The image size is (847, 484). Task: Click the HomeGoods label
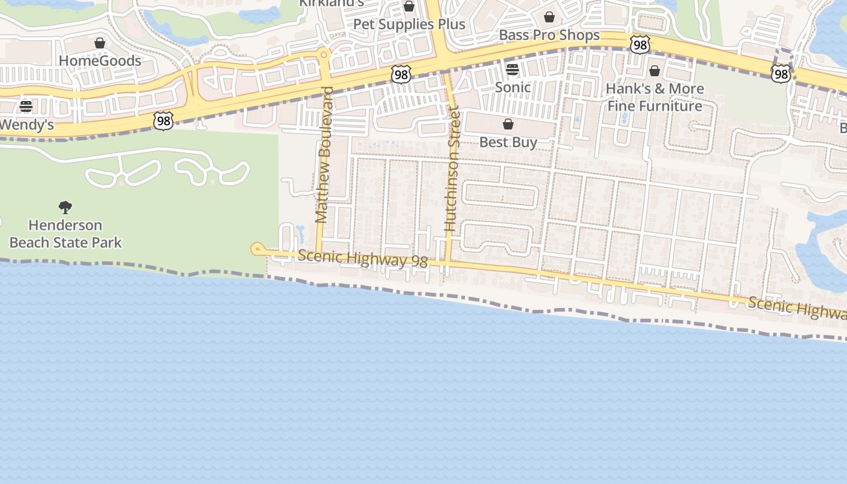(100, 60)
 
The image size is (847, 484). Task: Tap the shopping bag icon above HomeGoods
(100, 43)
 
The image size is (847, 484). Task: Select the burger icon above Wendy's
(26, 106)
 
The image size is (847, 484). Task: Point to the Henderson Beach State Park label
(65, 234)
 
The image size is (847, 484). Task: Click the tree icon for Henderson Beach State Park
(65, 208)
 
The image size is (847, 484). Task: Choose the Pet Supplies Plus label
(409, 24)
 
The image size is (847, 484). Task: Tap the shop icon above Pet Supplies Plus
(409, 7)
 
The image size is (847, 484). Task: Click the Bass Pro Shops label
(549, 35)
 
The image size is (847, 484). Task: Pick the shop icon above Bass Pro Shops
(549, 17)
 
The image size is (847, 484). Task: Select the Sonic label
(512, 87)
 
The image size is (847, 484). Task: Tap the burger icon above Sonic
(512, 70)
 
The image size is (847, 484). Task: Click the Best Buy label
(508, 142)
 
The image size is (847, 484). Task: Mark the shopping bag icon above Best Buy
(508, 124)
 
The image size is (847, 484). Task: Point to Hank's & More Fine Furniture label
(655, 97)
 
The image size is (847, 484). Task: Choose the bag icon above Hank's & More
(654, 71)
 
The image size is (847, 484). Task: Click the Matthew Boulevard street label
(325, 155)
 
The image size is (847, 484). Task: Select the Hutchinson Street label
(453, 169)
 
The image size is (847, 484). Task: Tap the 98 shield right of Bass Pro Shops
(639, 44)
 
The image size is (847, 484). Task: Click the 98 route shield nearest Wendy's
(163, 121)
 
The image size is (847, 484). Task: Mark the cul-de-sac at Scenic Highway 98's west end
(257, 248)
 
